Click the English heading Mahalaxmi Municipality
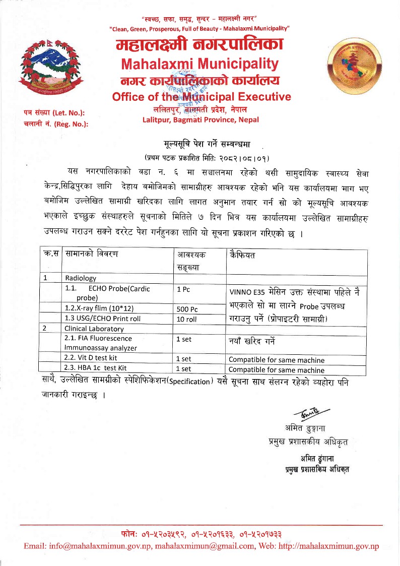tap(201, 64)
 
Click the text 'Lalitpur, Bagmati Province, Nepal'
tap(201, 119)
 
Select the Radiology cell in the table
tap(80, 277)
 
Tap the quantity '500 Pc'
tap(187, 309)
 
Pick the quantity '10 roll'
tap(187, 319)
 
